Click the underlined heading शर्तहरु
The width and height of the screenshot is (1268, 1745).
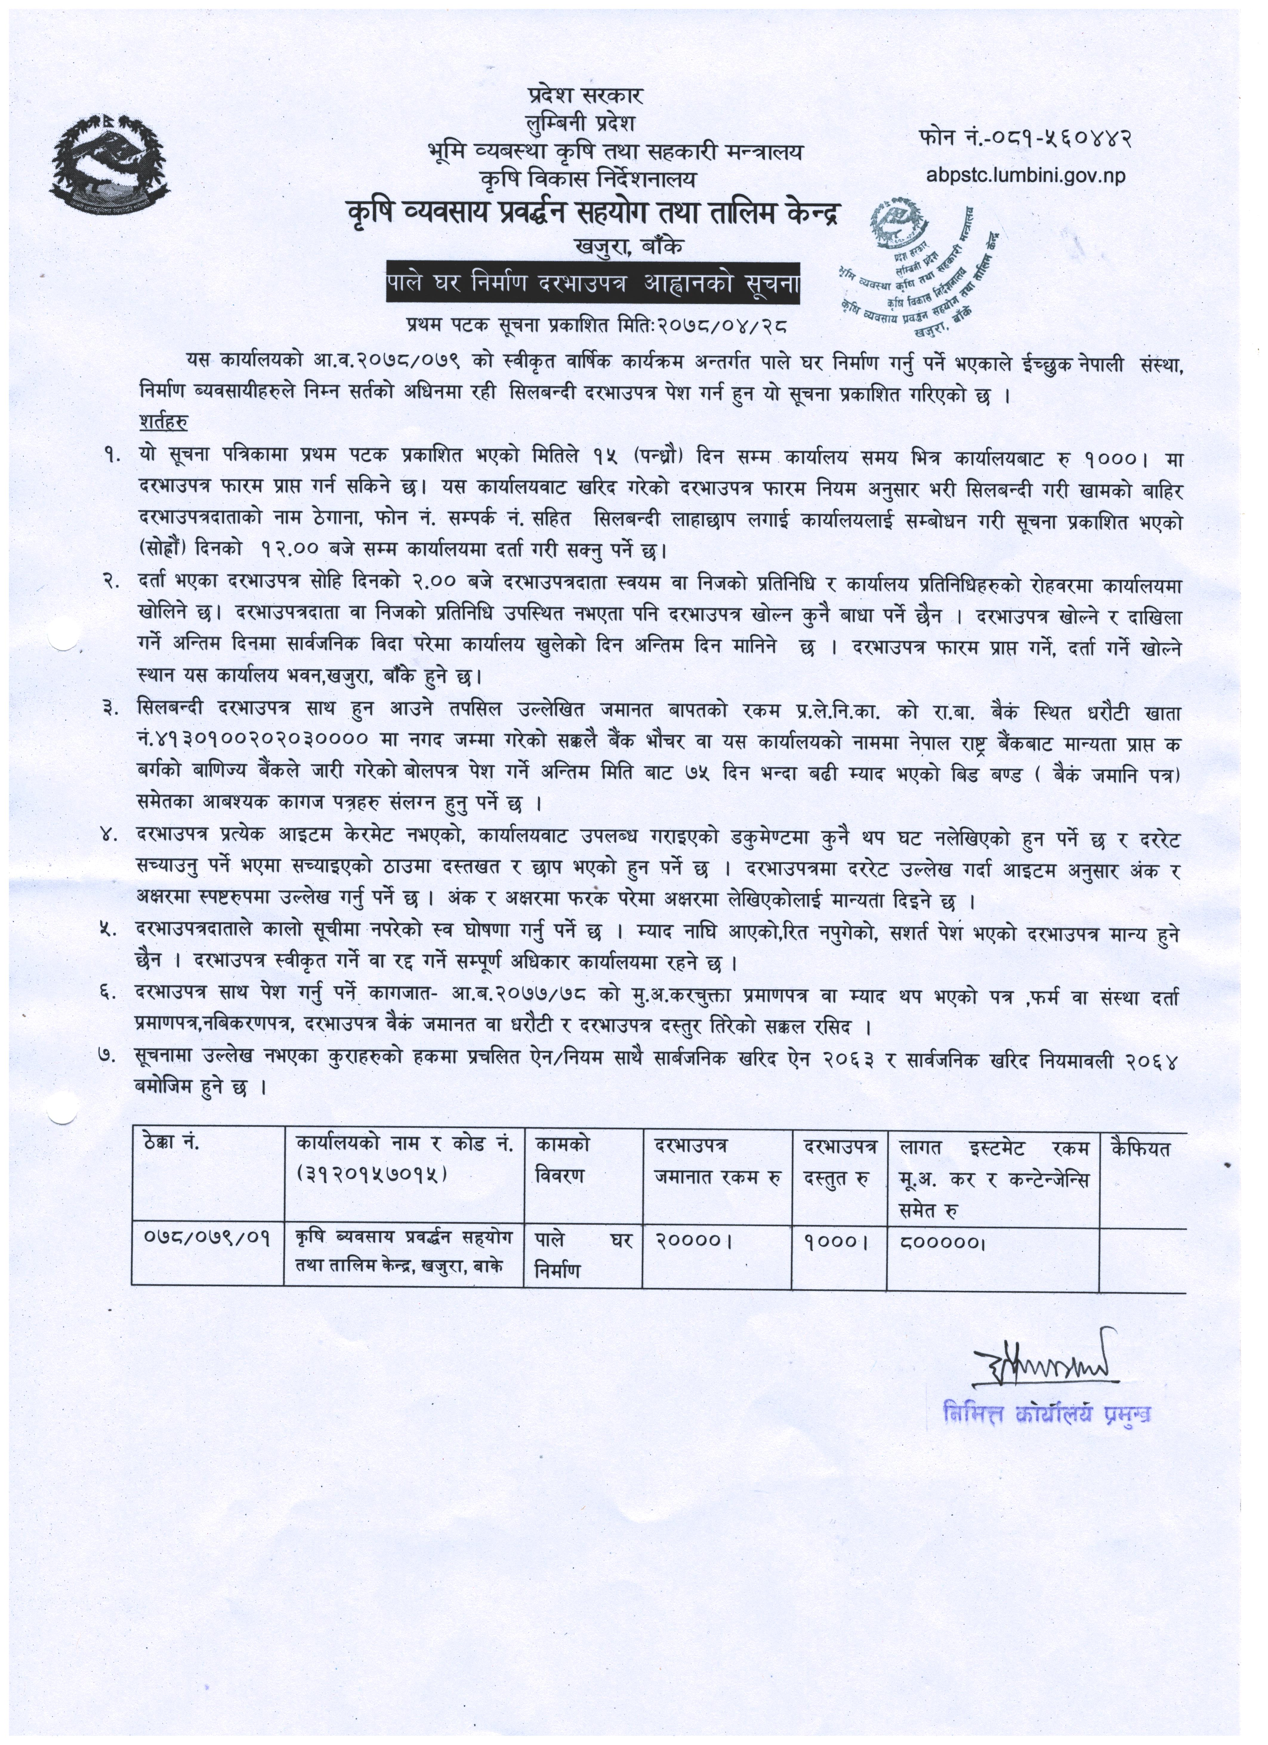pos(164,422)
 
